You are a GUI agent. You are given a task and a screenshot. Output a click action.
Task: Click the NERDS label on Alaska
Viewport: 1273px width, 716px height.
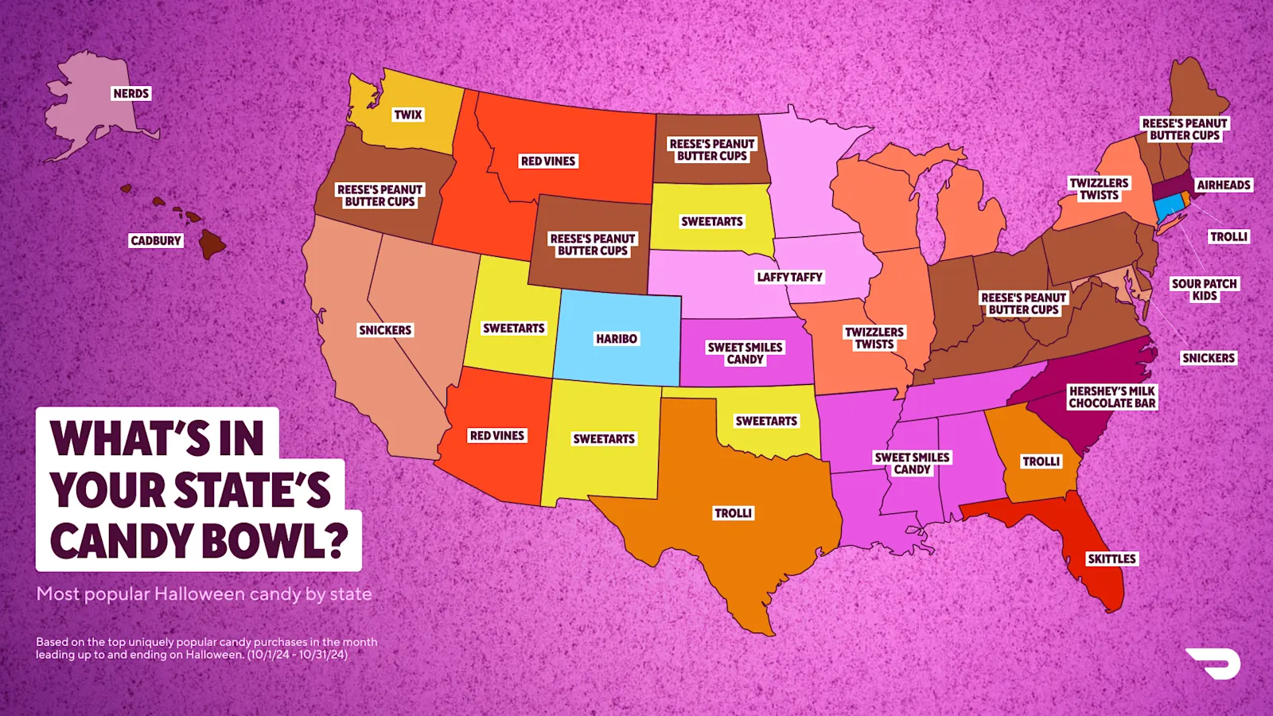[131, 94]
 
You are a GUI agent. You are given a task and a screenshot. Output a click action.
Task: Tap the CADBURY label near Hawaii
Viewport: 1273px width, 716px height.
[156, 241]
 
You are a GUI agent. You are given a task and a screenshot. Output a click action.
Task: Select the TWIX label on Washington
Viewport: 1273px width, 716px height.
[408, 115]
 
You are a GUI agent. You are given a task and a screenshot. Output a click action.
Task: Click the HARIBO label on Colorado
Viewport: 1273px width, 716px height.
[617, 339]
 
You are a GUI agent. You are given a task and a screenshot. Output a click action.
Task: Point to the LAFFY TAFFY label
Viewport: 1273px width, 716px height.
[789, 278]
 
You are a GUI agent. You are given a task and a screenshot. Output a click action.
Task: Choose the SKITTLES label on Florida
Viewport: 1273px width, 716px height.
[1111, 559]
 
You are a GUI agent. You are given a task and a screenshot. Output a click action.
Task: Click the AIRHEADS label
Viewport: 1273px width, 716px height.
[1224, 185]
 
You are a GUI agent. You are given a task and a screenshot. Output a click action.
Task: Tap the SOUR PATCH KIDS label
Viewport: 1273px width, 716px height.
[1204, 290]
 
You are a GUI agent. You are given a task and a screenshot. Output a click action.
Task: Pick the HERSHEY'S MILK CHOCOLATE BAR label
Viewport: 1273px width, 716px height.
[1111, 397]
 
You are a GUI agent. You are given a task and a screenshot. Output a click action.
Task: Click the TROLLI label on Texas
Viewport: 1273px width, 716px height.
[733, 514]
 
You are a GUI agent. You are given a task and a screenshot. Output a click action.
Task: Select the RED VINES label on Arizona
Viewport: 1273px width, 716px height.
[496, 436]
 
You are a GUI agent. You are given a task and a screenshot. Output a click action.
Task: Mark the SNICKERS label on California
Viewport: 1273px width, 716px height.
[385, 330]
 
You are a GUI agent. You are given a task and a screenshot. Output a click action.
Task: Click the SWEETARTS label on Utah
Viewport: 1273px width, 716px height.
[513, 329]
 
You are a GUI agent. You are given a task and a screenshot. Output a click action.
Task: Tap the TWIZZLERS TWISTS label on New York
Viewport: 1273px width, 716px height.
[1099, 189]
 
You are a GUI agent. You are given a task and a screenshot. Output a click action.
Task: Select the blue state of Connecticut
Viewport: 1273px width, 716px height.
[1168, 208]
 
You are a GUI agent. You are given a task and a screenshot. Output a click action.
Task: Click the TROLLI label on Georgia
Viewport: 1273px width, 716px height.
[1041, 461]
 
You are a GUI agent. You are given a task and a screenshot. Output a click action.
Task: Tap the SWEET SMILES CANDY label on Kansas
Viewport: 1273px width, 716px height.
[745, 353]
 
